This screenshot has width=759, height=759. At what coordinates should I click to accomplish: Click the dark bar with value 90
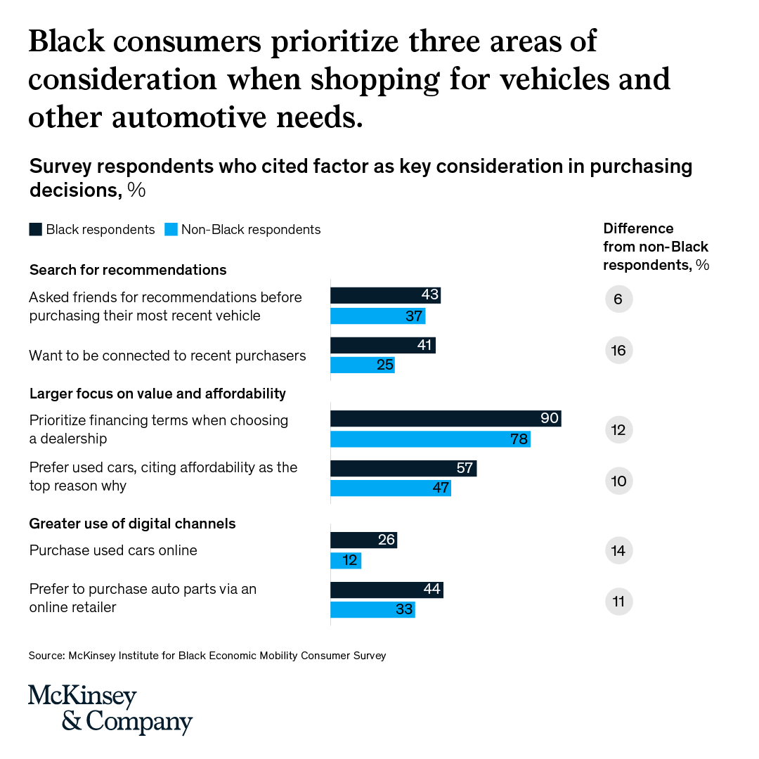click(446, 419)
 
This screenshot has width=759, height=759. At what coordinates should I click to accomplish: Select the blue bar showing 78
click(430, 439)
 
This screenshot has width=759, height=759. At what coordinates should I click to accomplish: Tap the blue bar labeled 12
click(346, 561)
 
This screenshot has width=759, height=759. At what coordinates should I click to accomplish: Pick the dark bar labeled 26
click(363, 540)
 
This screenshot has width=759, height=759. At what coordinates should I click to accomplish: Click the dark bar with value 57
click(403, 469)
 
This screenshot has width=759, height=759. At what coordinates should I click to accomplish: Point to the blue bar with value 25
click(363, 365)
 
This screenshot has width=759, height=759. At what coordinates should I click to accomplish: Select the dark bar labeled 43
click(385, 296)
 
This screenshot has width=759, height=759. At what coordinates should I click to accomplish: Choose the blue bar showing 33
click(372, 609)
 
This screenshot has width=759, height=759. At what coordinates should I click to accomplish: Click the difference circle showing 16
click(618, 351)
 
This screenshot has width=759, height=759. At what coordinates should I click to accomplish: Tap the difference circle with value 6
click(618, 299)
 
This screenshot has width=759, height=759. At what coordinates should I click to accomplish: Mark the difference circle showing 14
click(618, 550)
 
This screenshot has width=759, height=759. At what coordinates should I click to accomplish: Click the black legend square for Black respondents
click(35, 230)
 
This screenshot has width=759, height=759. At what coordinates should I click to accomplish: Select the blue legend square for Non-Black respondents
click(170, 230)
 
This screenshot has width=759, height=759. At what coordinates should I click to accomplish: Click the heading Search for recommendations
click(128, 270)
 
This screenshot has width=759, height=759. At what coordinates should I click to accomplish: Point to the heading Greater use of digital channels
click(132, 524)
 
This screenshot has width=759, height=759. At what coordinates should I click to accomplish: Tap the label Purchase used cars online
click(113, 550)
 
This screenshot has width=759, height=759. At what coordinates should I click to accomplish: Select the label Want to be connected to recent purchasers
click(167, 356)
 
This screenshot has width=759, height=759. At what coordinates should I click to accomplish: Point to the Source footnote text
click(207, 656)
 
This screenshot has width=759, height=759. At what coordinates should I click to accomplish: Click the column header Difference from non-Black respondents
click(656, 247)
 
